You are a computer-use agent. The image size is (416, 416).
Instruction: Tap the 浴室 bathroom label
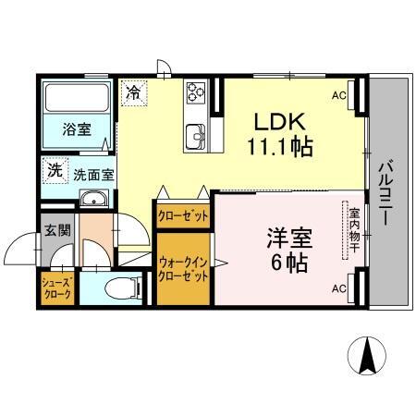point(77,129)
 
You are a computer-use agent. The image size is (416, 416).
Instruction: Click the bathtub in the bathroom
point(77,99)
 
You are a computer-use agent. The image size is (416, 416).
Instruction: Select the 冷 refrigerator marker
point(134,92)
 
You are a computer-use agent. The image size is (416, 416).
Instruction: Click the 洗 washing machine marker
point(55,170)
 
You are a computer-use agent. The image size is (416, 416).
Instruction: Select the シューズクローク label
point(56,287)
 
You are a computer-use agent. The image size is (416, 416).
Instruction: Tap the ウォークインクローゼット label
point(183,270)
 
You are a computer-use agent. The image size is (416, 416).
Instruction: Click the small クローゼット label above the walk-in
point(183,215)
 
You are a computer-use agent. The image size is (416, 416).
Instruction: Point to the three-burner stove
point(197,92)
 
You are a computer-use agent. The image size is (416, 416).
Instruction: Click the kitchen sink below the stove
point(196,135)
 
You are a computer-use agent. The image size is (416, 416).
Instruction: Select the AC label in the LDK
point(338,94)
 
